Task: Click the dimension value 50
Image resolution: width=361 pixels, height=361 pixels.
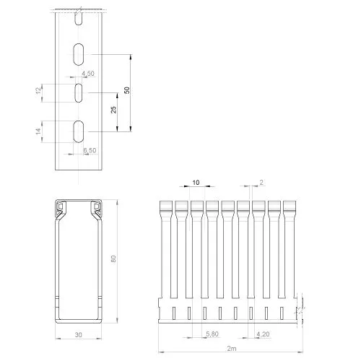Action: [x=127, y=90]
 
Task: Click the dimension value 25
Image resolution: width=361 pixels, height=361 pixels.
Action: [x=113, y=110]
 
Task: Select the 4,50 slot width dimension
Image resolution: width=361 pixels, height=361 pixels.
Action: [x=88, y=74]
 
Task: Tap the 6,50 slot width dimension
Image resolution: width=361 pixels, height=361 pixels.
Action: [x=90, y=150]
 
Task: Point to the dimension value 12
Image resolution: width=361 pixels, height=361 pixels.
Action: [x=38, y=91]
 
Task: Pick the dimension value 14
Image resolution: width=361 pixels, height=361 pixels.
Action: [x=38, y=131]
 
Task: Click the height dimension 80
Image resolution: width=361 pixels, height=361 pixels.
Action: [x=113, y=258]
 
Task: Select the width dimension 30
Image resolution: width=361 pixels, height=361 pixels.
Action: [x=79, y=335]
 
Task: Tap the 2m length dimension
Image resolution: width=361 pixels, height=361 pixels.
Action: [x=232, y=348]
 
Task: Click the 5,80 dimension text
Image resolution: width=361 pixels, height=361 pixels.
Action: [x=212, y=334]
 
